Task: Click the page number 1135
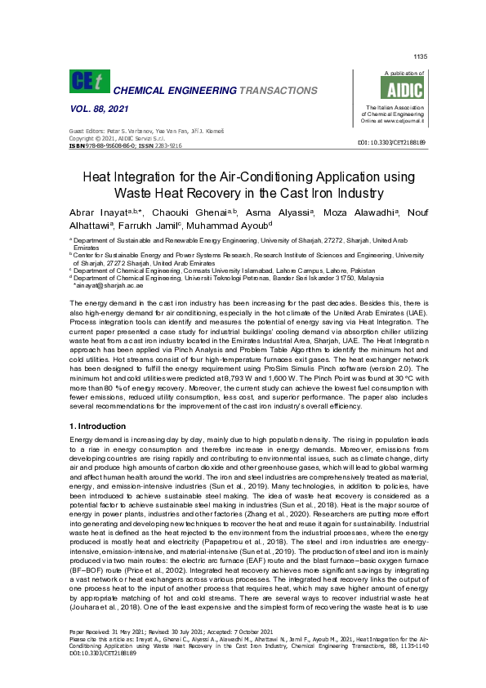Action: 420,56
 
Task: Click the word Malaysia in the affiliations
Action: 369,278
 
